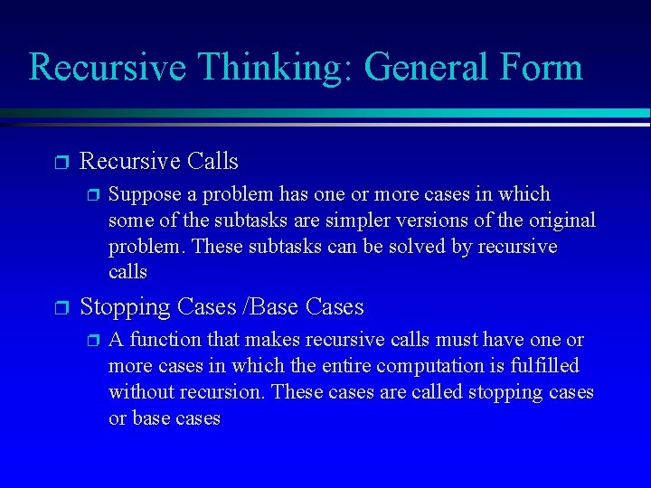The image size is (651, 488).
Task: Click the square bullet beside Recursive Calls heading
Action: [61, 163]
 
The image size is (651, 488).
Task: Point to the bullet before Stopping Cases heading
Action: [61, 308]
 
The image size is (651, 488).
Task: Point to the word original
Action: [562, 221]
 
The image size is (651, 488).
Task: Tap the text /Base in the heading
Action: [273, 307]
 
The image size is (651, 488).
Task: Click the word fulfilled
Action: [542, 366]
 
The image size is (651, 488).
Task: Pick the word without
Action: [141, 392]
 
